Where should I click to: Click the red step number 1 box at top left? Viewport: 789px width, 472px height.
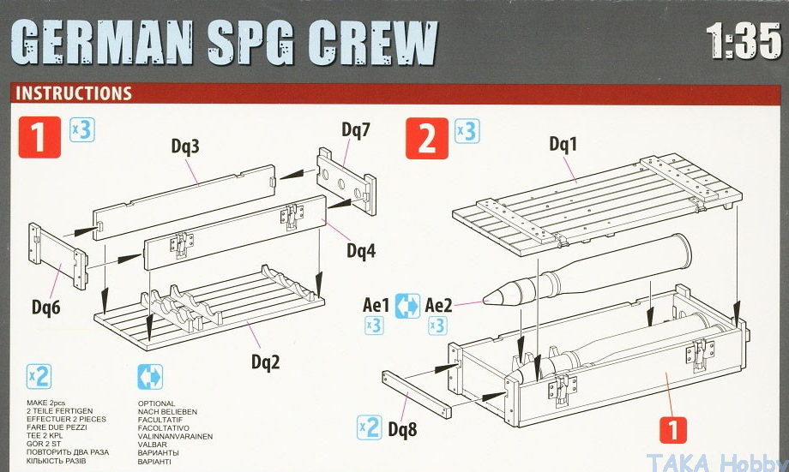39,137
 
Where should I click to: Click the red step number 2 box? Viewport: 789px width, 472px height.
427,138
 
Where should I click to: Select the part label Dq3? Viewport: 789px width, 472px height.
185,146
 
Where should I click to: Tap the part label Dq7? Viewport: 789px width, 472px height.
356,129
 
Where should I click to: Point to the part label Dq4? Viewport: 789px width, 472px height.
361,250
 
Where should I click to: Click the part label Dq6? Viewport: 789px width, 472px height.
45,308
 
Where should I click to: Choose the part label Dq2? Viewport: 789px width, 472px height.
265,361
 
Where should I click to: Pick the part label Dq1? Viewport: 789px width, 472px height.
563,144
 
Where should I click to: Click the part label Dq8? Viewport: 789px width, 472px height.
402,429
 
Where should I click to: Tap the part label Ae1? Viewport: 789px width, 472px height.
376,305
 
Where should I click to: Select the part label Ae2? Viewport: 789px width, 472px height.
438,305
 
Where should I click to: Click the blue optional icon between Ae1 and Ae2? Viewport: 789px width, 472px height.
407,306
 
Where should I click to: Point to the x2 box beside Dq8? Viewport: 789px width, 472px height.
369,427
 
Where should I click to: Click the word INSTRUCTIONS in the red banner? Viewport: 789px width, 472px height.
74,93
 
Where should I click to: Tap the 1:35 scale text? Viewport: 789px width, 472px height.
743,41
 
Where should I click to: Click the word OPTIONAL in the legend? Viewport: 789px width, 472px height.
156,403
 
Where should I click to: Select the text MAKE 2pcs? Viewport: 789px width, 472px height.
45,403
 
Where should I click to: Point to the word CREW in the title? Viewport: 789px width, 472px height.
373,42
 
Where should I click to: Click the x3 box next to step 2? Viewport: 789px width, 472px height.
467,131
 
